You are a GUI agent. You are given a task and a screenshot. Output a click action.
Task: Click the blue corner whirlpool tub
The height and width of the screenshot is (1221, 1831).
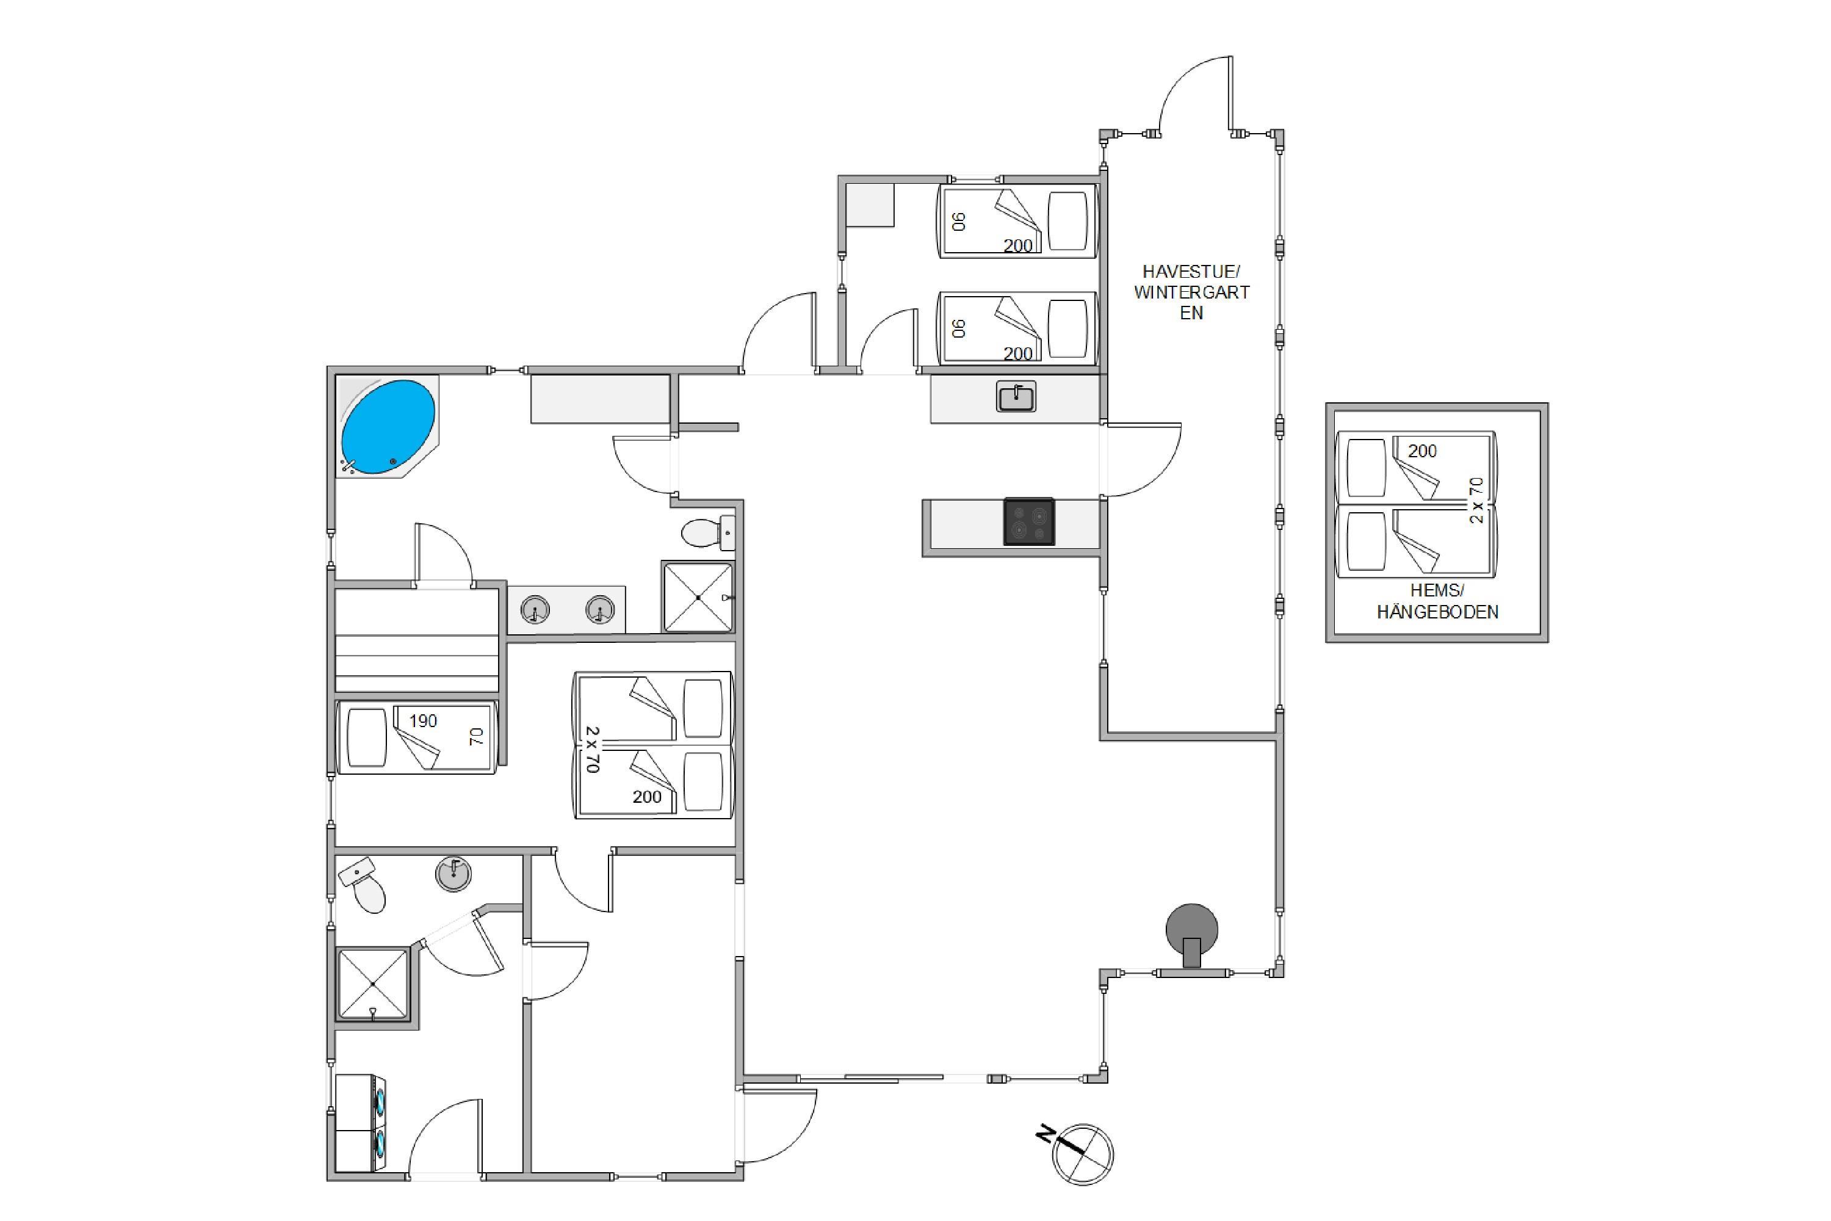click(x=388, y=426)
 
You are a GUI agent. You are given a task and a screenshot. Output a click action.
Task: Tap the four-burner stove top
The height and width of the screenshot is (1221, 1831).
click(x=1028, y=522)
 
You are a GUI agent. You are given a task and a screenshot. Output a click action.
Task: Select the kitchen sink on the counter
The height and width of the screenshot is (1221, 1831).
click(x=1016, y=396)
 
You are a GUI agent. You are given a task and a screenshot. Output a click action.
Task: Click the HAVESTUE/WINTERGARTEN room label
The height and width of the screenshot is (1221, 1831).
click(x=1191, y=292)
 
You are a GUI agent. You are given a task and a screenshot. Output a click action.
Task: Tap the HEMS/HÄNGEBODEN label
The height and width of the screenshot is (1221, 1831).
click(x=1437, y=601)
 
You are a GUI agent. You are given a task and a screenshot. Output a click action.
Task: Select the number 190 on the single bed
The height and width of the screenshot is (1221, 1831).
click(x=424, y=721)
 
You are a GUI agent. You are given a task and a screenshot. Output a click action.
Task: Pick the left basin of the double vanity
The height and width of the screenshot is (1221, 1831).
click(x=535, y=609)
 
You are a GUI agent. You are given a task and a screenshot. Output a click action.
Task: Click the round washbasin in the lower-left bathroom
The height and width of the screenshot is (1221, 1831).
click(x=453, y=873)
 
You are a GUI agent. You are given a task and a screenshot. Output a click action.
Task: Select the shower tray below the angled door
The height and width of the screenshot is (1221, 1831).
click(x=373, y=984)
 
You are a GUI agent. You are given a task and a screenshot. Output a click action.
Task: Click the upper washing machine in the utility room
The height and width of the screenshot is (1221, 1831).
click(x=361, y=1100)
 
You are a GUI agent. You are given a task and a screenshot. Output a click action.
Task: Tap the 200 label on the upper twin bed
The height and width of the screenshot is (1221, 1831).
click(x=1017, y=246)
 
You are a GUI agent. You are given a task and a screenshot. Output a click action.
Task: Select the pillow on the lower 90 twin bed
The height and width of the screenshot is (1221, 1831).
click(x=1067, y=330)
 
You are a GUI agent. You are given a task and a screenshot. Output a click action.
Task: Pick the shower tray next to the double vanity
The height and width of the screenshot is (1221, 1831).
click(x=698, y=596)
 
